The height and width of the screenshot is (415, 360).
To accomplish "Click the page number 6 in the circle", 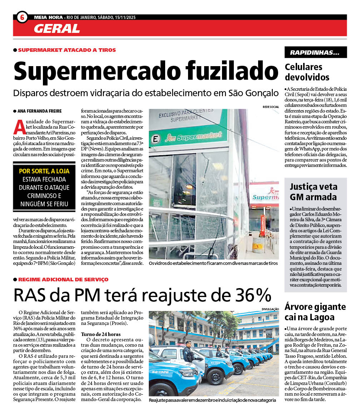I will tap(22, 17).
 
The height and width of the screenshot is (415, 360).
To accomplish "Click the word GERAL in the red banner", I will tap(57, 28).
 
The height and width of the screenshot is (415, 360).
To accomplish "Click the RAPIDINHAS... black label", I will tap(315, 53).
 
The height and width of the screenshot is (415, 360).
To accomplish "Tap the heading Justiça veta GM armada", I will tap(313, 192).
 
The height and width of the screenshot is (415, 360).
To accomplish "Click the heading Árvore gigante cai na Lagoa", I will tap(315, 312).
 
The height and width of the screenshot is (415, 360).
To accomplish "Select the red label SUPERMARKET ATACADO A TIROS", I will tap(67, 50).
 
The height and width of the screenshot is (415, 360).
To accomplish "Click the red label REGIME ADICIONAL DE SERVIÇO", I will tap(63, 280).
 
